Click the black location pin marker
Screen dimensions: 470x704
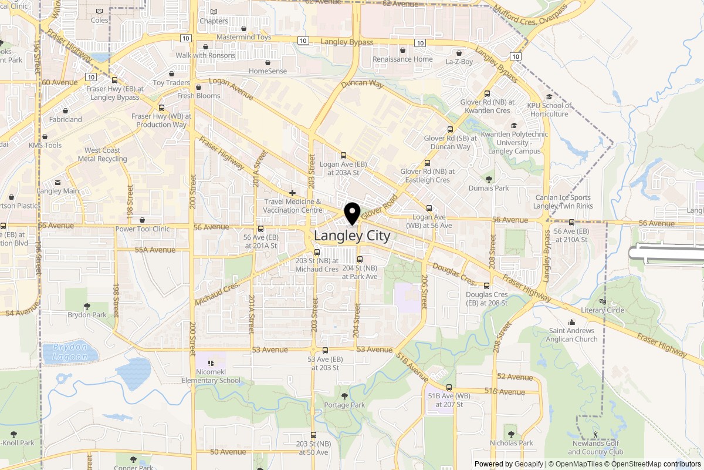point(352,214)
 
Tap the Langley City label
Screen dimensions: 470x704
point(352,236)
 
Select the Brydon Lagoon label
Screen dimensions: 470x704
point(70,351)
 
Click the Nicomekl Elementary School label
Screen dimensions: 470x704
point(211,376)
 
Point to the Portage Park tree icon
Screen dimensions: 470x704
point(344,395)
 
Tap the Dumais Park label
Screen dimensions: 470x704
point(489,188)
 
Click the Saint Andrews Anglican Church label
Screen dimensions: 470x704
point(572,335)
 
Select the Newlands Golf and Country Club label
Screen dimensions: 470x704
point(595,448)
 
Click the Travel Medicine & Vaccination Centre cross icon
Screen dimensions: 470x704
point(292,193)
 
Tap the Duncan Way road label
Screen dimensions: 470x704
point(362,84)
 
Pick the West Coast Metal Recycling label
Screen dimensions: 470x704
point(103,155)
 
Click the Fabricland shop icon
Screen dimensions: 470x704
point(65,110)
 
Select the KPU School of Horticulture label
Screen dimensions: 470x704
point(549,110)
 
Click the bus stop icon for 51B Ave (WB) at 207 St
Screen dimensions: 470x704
point(449,387)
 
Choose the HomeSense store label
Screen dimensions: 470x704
point(268,71)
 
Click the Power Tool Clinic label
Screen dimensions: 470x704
point(142,229)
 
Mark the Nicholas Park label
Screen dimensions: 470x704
point(511,443)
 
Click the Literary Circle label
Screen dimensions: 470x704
point(602,310)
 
